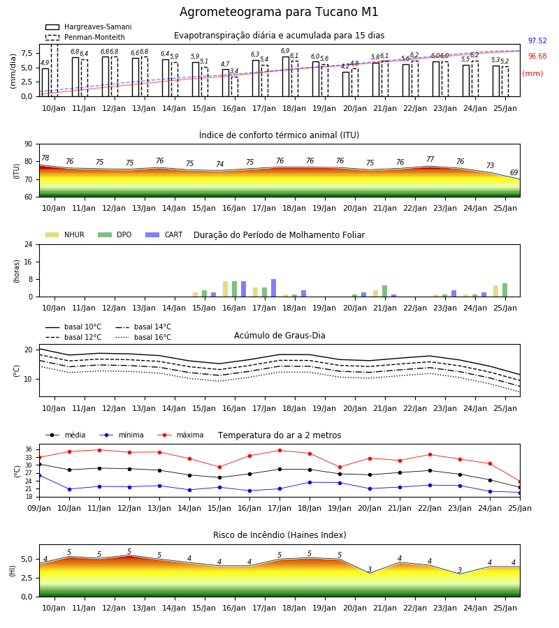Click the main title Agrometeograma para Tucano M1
coord(279,12)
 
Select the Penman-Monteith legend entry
coord(85,37)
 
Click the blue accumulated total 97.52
coord(537,40)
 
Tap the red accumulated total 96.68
coord(537,56)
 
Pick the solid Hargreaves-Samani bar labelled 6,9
coord(286,77)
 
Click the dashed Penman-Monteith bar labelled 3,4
coord(235,87)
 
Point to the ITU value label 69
coord(514,172)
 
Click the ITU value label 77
coord(430,159)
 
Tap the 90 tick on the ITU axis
coord(29,144)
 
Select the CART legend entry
coord(164,234)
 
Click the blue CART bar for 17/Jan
coord(273,288)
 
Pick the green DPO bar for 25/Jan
coord(505,290)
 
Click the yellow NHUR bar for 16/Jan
coord(226,289)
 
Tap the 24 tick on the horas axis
coord(29,245)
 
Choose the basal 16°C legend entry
coord(143,337)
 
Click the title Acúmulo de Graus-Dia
coord(279,335)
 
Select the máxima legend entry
coord(180,435)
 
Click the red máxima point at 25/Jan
coord(520,481)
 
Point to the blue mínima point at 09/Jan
coord(39,475)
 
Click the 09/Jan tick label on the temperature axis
coord(39,508)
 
